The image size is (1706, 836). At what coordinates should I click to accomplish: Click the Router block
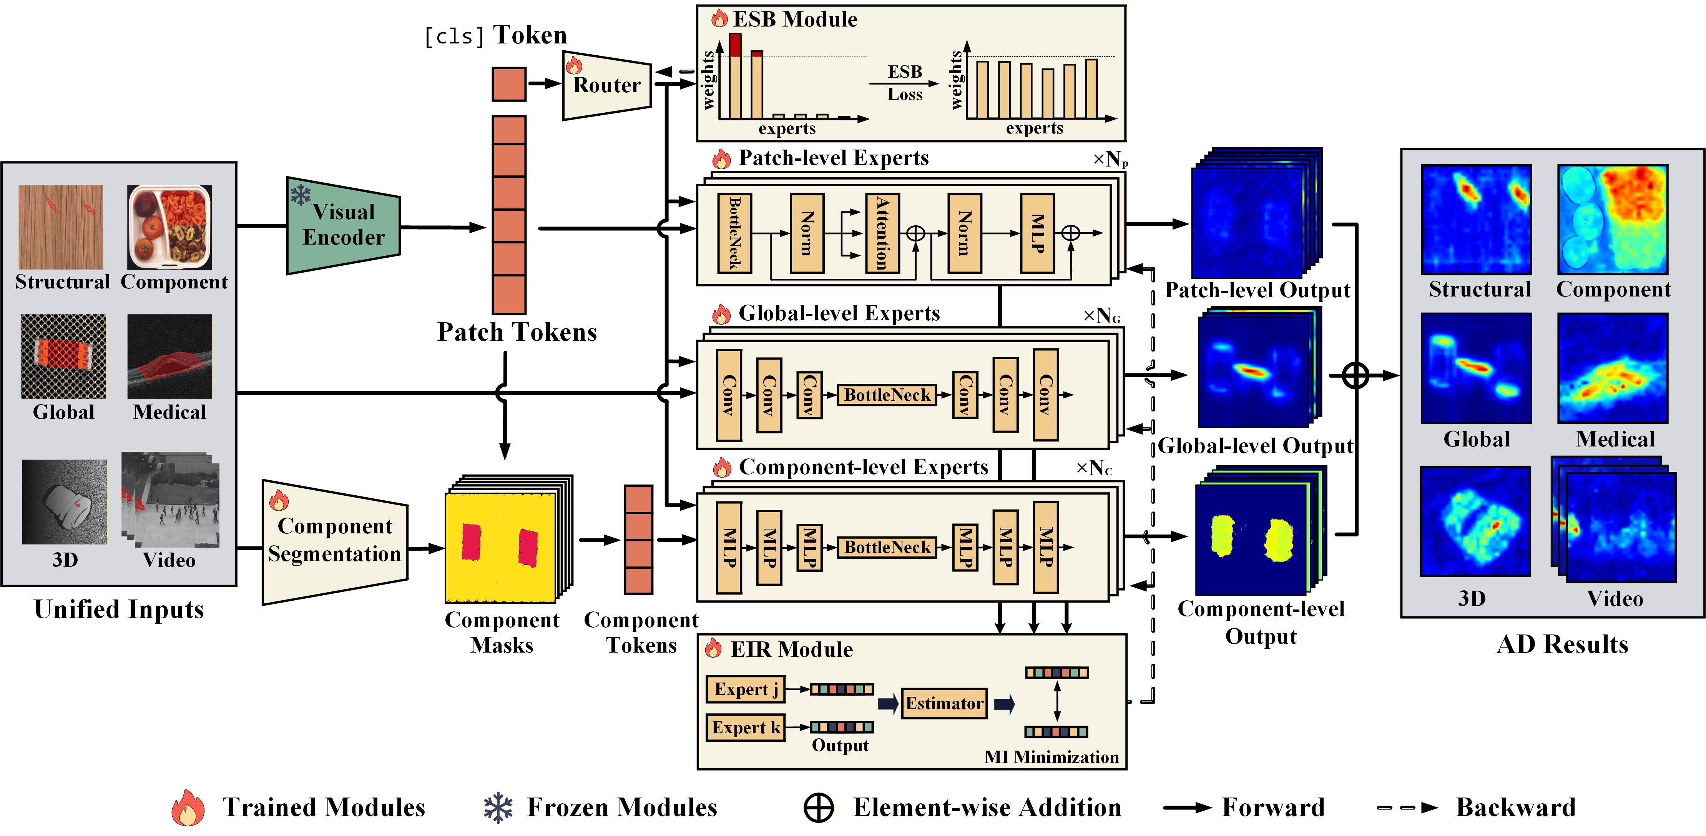606,85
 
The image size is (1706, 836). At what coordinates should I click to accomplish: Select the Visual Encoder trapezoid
343,225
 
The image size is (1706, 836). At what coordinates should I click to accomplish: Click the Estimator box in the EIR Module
944,703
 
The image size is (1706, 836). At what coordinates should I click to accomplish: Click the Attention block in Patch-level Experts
882,233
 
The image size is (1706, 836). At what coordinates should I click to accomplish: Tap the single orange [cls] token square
508,84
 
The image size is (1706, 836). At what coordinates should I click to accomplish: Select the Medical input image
169,356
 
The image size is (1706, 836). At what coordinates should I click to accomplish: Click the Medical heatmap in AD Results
1613,368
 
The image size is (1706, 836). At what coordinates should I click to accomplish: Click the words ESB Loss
905,83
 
